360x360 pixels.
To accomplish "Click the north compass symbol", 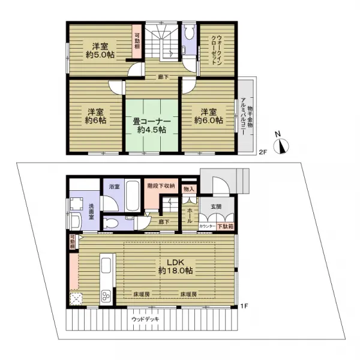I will click(x=281, y=145).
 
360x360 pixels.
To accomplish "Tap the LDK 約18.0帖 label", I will click(x=175, y=266).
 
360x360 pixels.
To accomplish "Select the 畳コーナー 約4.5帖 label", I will click(x=151, y=125).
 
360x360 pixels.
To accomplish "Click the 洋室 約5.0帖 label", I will click(x=98, y=51).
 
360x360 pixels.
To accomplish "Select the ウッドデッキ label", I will click(x=145, y=319).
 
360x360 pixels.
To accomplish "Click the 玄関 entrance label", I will click(x=217, y=207).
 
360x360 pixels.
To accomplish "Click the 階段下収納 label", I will click(x=161, y=187).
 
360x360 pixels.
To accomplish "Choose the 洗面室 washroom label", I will click(x=91, y=211).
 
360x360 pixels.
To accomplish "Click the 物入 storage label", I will click(x=189, y=190).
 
